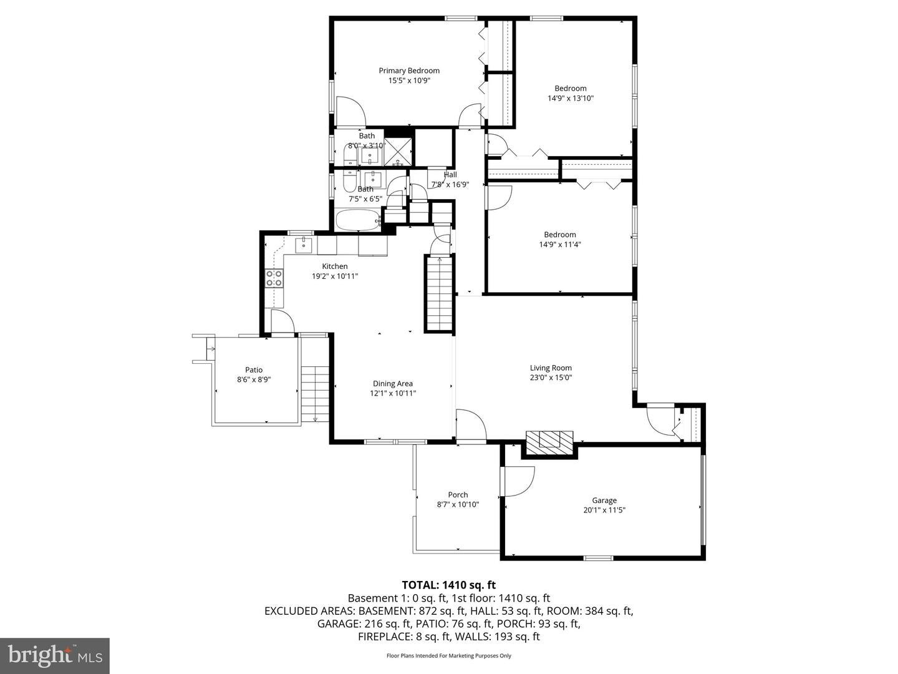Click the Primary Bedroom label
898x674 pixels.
[409, 71]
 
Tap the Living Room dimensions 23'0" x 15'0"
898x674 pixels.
[551, 378]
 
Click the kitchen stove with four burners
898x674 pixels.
[274, 278]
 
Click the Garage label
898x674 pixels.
[604, 500]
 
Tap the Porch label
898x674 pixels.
[458, 495]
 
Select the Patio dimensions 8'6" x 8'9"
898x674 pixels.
[254, 379]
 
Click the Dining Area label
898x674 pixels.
[393, 384]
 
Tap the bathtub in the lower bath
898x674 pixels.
[358, 220]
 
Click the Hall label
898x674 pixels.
[450, 175]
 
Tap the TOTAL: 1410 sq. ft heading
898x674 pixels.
[448, 585]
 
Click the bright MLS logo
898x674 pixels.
[55, 655]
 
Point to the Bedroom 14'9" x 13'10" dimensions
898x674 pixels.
[570, 98]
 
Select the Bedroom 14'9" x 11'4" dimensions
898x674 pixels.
[559, 245]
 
